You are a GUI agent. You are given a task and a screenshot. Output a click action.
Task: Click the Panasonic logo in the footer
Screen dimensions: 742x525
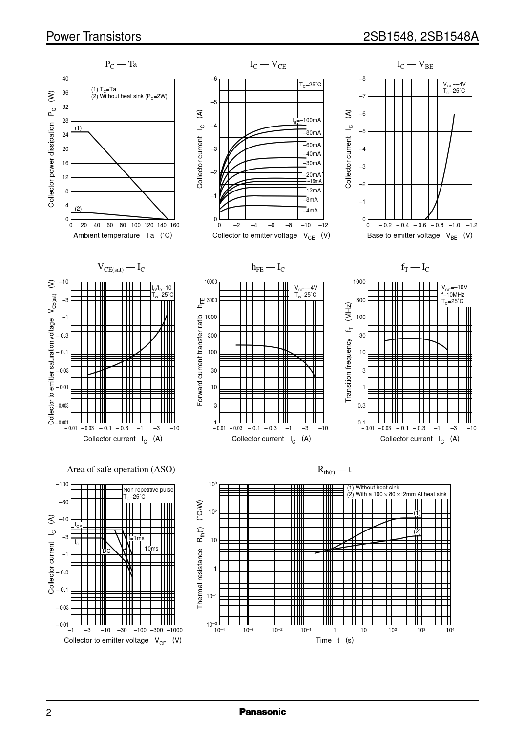click(x=262, y=712)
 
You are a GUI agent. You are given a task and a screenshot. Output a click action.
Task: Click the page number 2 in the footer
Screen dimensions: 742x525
click(x=49, y=713)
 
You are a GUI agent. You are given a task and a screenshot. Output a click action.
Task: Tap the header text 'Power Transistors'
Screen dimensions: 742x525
click(x=94, y=37)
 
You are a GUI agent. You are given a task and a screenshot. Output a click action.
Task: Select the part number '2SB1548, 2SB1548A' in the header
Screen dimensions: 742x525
click(x=420, y=37)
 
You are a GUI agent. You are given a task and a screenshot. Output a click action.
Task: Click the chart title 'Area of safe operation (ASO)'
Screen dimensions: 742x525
click(x=121, y=469)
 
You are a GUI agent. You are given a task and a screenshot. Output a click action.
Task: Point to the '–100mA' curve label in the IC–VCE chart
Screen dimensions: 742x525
click(x=308, y=120)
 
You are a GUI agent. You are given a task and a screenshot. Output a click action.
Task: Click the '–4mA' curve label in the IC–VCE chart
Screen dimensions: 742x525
click(x=311, y=211)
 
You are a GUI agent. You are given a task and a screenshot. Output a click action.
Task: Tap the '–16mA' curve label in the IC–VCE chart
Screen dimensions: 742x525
click(x=314, y=181)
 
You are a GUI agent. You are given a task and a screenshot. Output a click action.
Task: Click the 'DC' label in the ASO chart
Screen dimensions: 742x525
click(x=106, y=551)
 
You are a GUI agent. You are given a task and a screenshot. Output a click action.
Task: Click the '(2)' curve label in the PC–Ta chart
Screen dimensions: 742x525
click(x=78, y=209)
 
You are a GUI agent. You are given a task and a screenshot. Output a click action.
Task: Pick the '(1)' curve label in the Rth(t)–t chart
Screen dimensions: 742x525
click(x=417, y=512)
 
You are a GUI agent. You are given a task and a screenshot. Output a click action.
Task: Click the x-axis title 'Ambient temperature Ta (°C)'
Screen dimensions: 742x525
click(x=123, y=235)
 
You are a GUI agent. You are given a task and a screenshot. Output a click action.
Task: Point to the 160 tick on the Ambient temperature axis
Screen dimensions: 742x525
click(x=174, y=225)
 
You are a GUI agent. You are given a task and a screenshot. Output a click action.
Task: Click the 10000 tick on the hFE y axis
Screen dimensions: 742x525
click(x=211, y=282)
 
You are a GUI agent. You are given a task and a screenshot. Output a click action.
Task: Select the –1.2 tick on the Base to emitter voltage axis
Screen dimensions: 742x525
click(x=471, y=225)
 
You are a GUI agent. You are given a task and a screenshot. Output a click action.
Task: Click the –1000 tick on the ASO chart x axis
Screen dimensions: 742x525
click(x=174, y=630)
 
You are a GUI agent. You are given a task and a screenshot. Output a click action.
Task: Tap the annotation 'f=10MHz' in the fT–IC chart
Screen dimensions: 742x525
click(x=453, y=295)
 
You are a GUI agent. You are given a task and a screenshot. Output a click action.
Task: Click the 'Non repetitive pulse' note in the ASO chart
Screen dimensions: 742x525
click(x=148, y=490)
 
